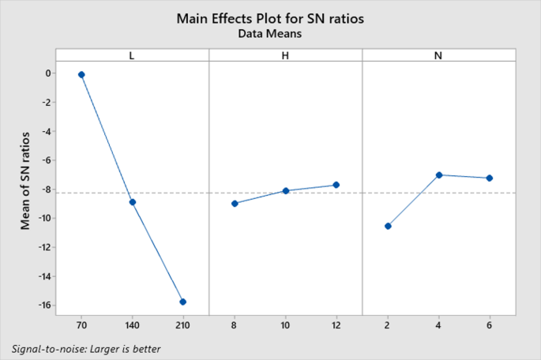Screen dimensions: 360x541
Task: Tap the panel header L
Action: point(132,54)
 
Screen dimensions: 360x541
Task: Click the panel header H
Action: point(285,54)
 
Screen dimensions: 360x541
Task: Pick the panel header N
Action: point(438,54)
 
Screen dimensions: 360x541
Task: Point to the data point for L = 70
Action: point(81,74)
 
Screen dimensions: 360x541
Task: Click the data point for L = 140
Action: point(132,202)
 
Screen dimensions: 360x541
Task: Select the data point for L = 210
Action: point(183,302)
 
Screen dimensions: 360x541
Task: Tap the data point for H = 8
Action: point(235,204)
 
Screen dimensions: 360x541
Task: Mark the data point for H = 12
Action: point(336,185)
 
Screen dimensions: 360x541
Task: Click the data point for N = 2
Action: point(388,226)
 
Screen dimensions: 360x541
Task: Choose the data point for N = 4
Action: point(438,175)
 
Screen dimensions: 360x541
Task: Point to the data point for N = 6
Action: point(490,178)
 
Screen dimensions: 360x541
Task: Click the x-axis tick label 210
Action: point(183,325)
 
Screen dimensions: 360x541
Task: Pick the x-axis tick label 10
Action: point(285,325)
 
